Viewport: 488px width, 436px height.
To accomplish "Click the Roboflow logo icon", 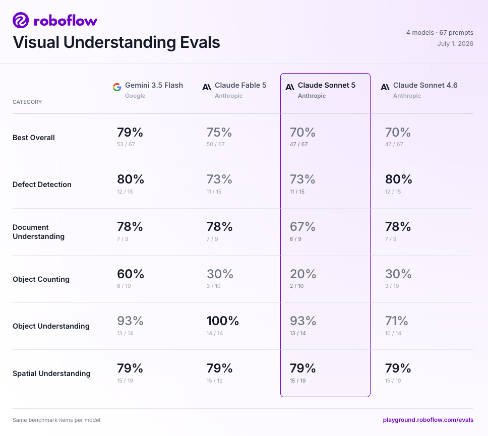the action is tap(21, 20).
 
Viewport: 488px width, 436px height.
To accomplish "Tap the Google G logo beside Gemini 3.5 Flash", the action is tap(117, 87).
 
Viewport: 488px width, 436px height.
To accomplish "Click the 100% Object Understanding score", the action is tap(223, 321).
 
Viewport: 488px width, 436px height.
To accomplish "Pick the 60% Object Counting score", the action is tap(131, 274).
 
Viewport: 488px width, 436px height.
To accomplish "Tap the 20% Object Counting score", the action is tap(303, 274).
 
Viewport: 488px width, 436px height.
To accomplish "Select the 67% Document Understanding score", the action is tap(302, 226).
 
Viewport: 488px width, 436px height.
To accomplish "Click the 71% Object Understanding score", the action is tap(396, 321).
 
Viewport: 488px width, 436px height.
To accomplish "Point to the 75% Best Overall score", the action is tap(219, 132).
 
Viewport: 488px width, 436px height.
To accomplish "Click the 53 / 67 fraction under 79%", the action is tap(126, 144).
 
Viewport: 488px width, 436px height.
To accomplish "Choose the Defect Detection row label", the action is tap(42, 184).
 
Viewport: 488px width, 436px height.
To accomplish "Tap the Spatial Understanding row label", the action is tap(51, 373).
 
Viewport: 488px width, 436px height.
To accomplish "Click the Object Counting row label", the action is tap(41, 279).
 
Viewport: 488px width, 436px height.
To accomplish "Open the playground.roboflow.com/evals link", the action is tap(428, 420).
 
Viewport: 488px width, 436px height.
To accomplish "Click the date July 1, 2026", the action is tap(455, 43).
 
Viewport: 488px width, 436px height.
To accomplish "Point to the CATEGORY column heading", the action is tap(27, 102).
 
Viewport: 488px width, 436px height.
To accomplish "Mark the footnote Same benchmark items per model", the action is tap(56, 420).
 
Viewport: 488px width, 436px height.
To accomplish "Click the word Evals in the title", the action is tap(200, 42).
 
